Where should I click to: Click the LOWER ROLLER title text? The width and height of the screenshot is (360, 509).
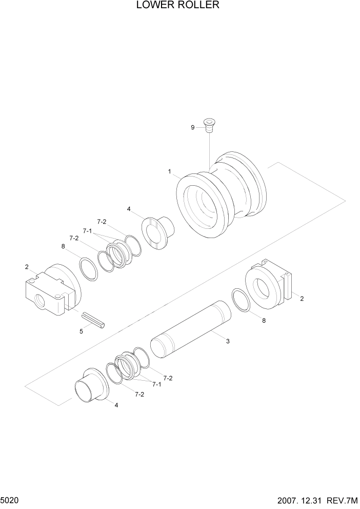[178, 6]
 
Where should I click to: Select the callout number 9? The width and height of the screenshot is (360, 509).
[193, 127]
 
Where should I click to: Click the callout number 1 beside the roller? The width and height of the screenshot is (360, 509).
[169, 172]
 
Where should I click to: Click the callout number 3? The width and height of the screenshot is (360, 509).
[227, 340]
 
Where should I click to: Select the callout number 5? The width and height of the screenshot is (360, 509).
[81, 331]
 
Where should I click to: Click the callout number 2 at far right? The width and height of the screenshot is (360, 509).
[302, 298]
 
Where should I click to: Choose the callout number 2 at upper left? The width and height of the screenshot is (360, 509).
[26, 267]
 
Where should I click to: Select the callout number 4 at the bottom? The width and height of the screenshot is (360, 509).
[116, 405]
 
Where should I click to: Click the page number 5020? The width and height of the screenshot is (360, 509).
[10, 499]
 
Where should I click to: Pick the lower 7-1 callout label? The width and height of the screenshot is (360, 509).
[155, 384]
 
